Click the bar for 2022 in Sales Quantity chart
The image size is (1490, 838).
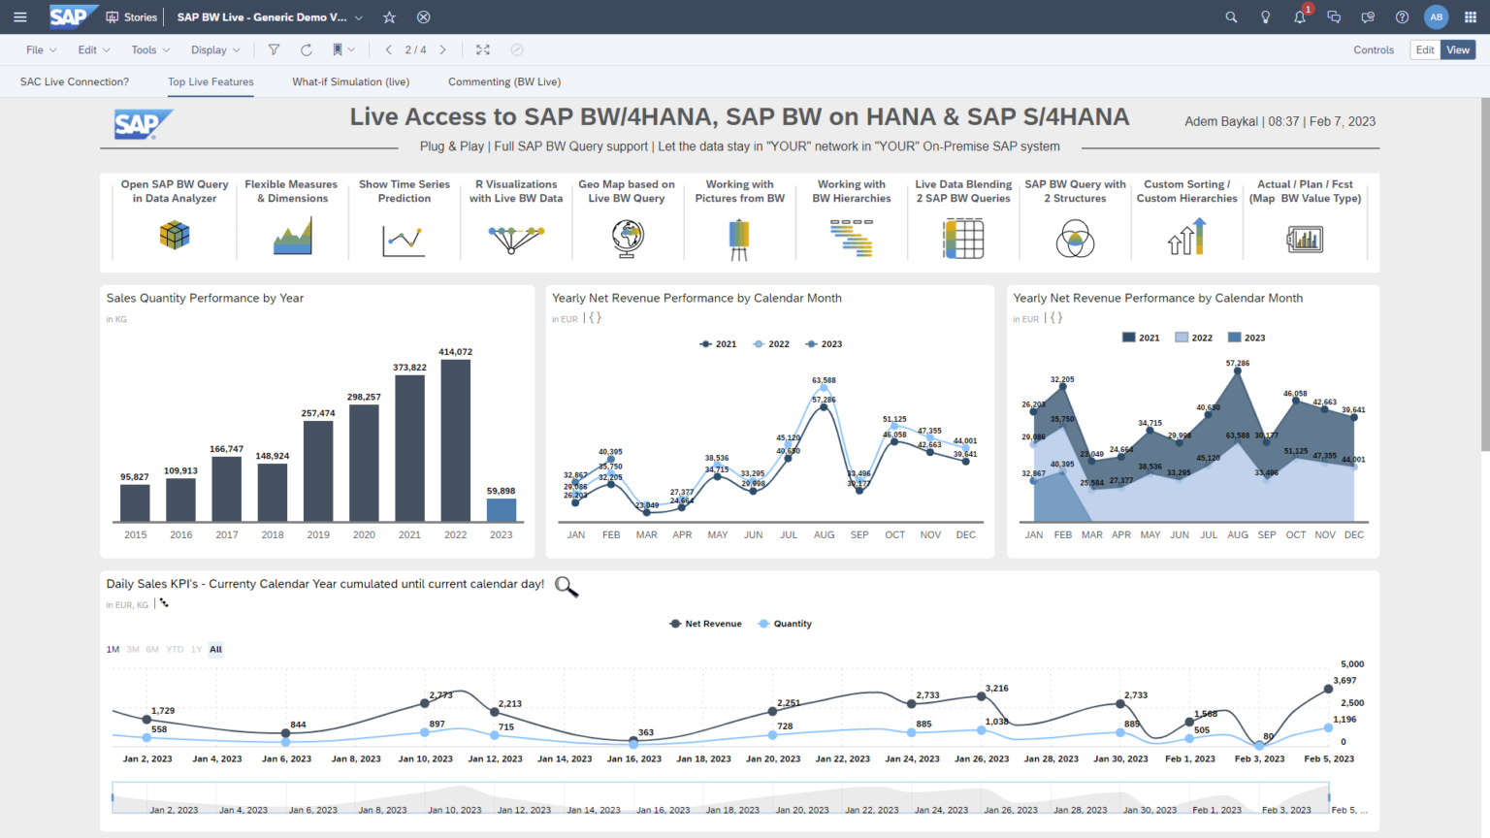point(455,441)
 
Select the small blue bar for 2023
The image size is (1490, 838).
point(501,510)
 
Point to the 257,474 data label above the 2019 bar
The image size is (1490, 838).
point(318,413)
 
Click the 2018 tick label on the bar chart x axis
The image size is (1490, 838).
point(273,534)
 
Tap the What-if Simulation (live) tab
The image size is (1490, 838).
point(350,82)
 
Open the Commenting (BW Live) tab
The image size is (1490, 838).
point(504,82)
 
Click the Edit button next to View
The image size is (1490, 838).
point(1424,50)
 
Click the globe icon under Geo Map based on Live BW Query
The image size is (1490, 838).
point(628,238)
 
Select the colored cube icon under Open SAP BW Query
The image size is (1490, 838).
point(175,235)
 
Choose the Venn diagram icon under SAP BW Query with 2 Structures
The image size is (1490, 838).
point(1075,239)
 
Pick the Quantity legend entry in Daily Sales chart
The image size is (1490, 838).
point(786,624)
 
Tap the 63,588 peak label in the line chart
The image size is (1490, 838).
point(824,380)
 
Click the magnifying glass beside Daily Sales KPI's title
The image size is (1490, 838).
point(567,587)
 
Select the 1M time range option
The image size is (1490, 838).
point(113,650)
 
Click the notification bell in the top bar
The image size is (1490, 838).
point(1299,17)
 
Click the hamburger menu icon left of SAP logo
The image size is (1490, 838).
point(20,17)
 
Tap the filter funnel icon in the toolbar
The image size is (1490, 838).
point(274,50)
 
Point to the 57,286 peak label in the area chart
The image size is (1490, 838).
point(1238,364)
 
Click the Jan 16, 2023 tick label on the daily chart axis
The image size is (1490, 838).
point(634,759)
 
